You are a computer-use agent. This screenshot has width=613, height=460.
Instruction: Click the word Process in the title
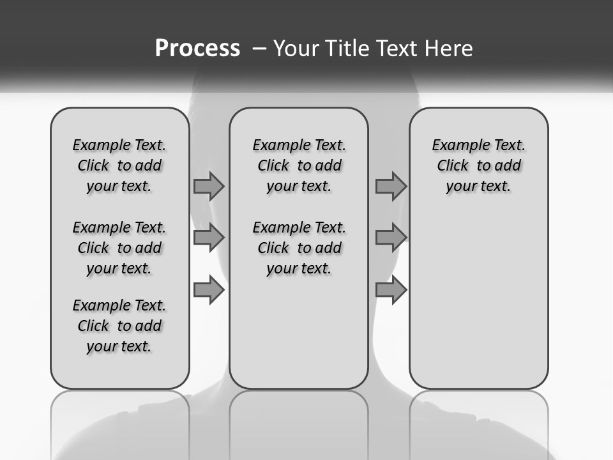[x=197, y=49]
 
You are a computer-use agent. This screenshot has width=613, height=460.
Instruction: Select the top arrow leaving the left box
[x=209, y=187]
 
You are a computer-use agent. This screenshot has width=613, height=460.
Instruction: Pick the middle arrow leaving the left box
[x=209, y=238]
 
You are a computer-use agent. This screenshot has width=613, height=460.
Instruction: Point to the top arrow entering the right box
[x=391, y=187]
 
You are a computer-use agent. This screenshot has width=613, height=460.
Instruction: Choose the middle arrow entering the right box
[x=391, y=238]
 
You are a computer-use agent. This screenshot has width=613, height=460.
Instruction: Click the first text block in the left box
[x=119, y=165]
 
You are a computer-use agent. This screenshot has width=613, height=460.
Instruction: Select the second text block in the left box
[x=119, y=248]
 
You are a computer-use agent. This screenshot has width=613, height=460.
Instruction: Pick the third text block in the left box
[x=119, y=326]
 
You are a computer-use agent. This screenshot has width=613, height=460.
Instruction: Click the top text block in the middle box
[x=299, y=165]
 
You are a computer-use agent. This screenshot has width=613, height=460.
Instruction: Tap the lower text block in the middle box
[x=299, y=248]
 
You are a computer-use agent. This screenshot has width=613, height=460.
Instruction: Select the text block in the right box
[x=478, y=165]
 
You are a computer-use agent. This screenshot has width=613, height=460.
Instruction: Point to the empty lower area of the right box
[x=478, y=294]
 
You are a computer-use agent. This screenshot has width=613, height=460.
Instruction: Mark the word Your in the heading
[x=296, y=49]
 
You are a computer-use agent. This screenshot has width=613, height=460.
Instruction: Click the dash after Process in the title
[x=259, y=49]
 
